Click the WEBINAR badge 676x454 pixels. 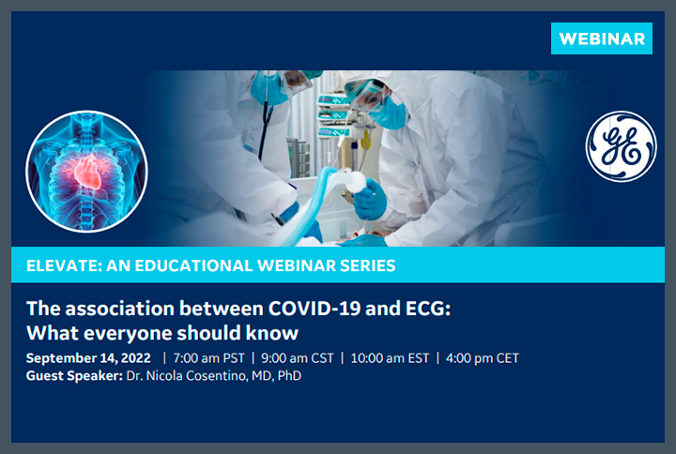(601, 38)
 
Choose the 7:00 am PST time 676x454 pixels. (208, 358)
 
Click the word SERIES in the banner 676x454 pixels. (367, 265)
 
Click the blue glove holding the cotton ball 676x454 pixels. (369, 199)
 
